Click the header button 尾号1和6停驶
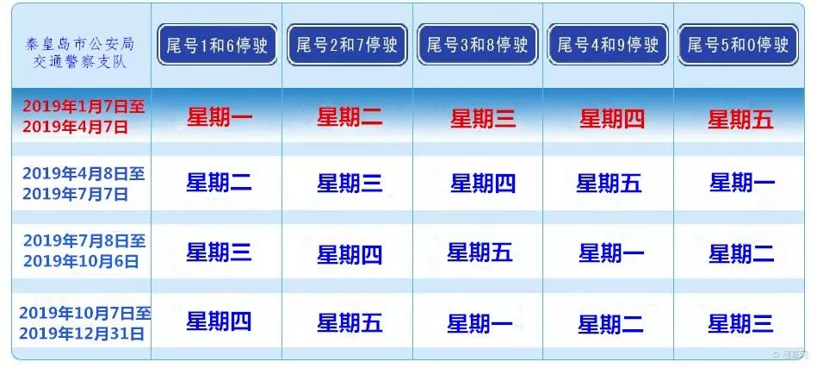coord(217,45)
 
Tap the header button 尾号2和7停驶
coord(347,45)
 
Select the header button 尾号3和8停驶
coord(477,45)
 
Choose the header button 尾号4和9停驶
coord(608,45)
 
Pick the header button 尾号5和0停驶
coord(738,45)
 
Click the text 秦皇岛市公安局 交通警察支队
coord(80,52)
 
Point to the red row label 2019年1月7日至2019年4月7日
coord(84,116)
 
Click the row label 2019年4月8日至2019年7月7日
coord(84,184)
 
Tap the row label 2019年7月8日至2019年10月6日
coord(84,250)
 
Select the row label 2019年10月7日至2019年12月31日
coord(85,322)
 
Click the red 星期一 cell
coord(220,117)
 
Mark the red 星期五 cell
coord(740,120)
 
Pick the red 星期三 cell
coord(483,118)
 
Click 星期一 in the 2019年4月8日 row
coord(742,183)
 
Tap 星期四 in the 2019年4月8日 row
coord(483,183)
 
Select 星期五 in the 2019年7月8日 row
coord(480,253)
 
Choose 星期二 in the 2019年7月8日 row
coord(741,254)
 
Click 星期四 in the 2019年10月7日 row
coord(219,321)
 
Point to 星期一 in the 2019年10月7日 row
coord(480,323)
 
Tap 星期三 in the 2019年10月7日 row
coord(740,323)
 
